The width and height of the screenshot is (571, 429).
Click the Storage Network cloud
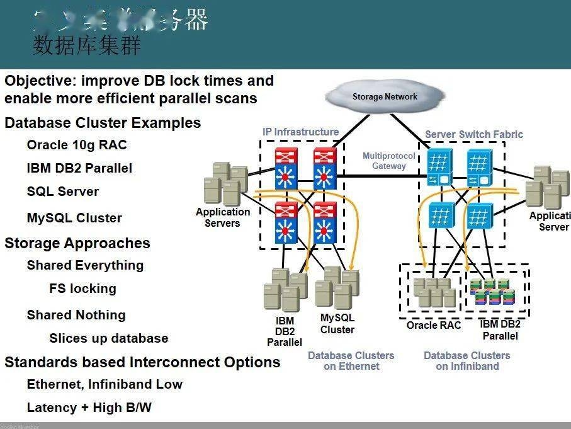384,97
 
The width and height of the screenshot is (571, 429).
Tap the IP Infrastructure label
300,132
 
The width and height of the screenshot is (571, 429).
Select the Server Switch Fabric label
473,134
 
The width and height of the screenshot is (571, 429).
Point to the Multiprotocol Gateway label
388,161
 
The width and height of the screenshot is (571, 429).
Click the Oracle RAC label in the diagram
433,325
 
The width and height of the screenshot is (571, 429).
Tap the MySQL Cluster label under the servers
337,324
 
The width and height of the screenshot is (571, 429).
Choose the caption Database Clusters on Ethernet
351,361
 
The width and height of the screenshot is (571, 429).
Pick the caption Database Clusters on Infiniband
466,361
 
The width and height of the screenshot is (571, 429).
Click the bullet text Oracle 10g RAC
77,145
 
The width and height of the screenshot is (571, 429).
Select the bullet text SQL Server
63,192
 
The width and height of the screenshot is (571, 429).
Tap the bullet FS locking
82,289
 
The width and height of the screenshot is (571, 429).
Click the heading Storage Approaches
77,243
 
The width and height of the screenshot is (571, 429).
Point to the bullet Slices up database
108,338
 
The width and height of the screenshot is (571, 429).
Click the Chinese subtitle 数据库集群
87,47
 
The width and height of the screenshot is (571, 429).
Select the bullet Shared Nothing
76,315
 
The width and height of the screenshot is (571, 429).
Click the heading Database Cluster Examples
103,123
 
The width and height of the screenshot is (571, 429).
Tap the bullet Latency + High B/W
89,408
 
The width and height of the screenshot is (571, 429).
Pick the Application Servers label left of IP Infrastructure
222,217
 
